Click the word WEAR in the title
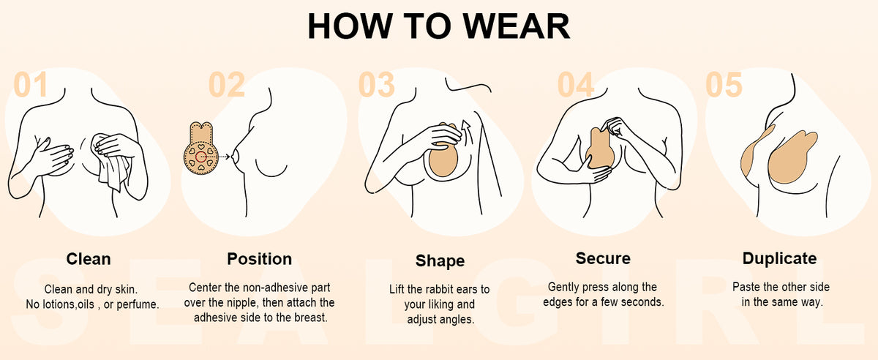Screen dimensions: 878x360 (517, 26)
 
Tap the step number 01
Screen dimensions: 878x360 (31, 84)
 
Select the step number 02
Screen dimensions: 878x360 (227, 84)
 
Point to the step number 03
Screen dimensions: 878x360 (376, 84)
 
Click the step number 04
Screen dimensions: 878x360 (575, 84)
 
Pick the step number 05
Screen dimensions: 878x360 (724, 84)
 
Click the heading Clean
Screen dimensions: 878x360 (89, 259)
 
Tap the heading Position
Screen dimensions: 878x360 (260, 259)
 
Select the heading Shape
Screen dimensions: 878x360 (440, 261)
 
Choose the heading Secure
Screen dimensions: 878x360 (603, 258)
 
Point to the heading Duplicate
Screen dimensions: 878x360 (780, 258)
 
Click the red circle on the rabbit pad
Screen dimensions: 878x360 (201, 157)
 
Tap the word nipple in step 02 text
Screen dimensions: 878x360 (241, 303)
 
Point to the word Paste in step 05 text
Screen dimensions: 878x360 (745, 287)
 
